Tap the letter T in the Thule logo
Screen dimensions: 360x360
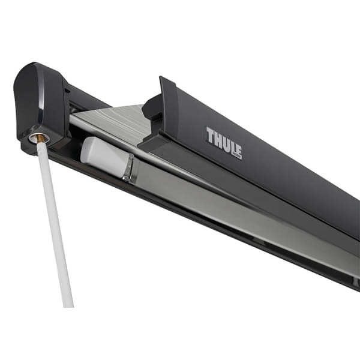coord(209,134)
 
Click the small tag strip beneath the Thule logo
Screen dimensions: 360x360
coord(234,157)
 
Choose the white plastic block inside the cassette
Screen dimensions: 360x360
coord(102,157)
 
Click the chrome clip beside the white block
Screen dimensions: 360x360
coord(128,169)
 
